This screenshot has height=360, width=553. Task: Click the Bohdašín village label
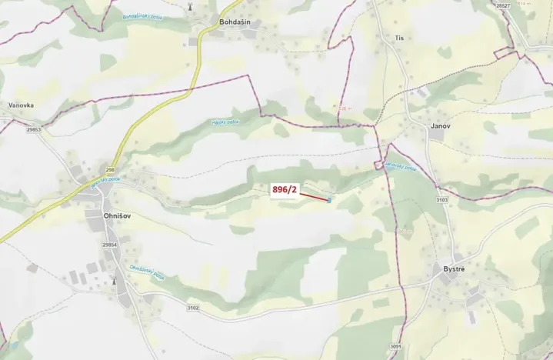point(236,22)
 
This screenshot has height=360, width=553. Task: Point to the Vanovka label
point(21,105)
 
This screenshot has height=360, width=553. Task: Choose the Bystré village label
point(457,268)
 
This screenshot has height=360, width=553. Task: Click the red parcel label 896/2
point(285,189)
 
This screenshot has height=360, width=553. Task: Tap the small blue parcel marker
point(329,200)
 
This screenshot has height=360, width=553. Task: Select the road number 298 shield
point(109,170)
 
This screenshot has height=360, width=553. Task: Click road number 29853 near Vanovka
point(33,130)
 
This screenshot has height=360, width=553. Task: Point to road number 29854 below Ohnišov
point(109,245)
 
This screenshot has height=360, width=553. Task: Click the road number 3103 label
point(441,199)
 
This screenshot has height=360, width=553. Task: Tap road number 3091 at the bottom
point(395,347)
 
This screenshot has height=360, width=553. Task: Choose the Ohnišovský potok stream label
point(147,273)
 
